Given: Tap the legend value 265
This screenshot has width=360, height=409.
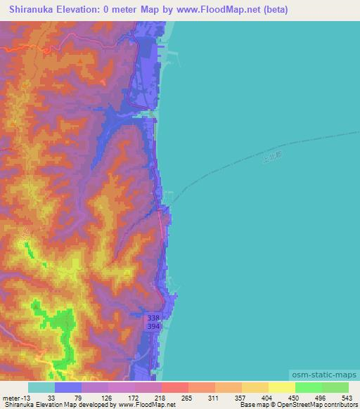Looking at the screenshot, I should (x=186, y=397).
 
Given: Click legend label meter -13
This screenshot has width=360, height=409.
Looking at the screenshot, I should (x=17, y=397).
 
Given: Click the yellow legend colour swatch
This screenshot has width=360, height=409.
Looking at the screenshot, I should (x=281, y=387).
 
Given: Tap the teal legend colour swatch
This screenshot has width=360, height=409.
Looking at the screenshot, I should (x=41, y=387).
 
